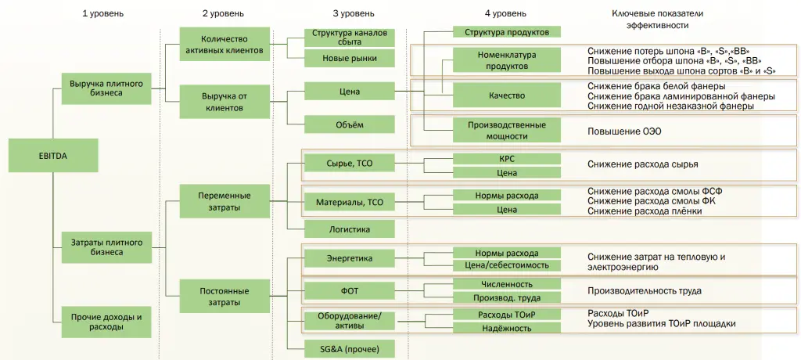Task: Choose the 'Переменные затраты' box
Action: [x=224, y=201]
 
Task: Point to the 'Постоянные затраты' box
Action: [x=224, y=296]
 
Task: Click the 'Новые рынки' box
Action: [x=349, y=58]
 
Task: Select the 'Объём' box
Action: [x=349, y=124]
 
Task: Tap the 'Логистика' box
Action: [x=349, y=229]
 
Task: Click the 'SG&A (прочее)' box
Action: [x=349, y=348]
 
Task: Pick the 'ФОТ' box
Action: [x=349, y=290]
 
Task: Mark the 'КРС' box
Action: [x=507, y=158]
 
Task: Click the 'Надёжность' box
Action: [x=507, y=328]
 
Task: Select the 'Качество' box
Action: [x=507, y=95]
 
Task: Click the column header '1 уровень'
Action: [x=102, y=14]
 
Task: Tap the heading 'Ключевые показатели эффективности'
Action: [x=656, y=19]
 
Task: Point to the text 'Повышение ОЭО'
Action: [x=624, y=131]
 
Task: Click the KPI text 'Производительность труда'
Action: [x=644, y=290]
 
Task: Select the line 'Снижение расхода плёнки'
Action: [x=640, y=211]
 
